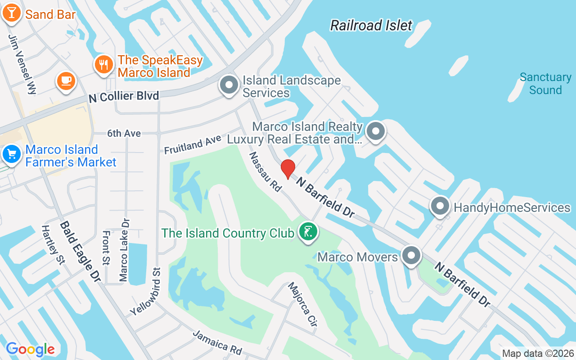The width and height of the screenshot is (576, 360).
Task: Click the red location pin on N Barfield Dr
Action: pos(288,169)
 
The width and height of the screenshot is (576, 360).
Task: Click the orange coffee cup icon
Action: pos(66,81)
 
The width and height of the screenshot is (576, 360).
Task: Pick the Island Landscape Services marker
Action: pos(229,85)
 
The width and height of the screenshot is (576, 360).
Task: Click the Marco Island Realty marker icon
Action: pos(375,132)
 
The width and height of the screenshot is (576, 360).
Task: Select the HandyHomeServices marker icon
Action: pos(440,207)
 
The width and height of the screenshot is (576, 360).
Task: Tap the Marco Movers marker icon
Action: pos(411,256)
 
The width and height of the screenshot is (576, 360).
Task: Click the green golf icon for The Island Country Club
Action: pos(308,232)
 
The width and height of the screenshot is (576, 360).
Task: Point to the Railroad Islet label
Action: pos(371,25)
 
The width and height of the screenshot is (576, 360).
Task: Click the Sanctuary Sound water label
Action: pos(545,84)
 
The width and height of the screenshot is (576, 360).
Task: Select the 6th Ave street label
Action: pos(124,134)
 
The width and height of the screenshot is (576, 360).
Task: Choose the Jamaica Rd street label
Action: pos(217,342)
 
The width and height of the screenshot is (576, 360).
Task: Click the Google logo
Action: pos(31,349)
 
